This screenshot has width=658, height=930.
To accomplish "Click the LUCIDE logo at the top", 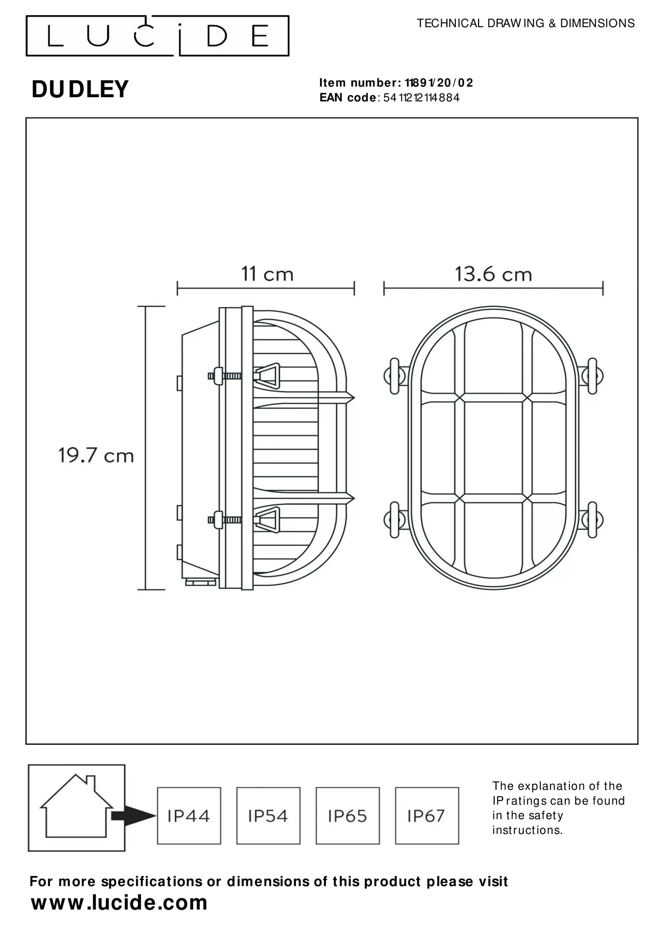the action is click(157, 36).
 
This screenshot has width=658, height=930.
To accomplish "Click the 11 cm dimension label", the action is click(267, 274).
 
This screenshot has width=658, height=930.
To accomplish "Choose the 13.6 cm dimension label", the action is click(493, 274).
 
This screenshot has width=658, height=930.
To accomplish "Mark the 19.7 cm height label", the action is click(96, 456).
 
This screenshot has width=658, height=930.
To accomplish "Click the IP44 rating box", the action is click(189, 816).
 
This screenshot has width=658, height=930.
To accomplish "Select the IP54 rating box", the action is click(268, 816).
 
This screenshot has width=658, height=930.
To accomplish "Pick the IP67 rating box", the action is click(427, 816).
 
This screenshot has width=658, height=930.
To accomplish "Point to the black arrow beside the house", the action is click(133, 816).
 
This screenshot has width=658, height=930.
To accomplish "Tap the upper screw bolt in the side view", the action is click(225, 376).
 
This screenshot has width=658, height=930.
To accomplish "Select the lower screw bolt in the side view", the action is click(225, 520).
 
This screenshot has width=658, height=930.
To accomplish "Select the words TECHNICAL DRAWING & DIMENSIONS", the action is click(525, 23).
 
